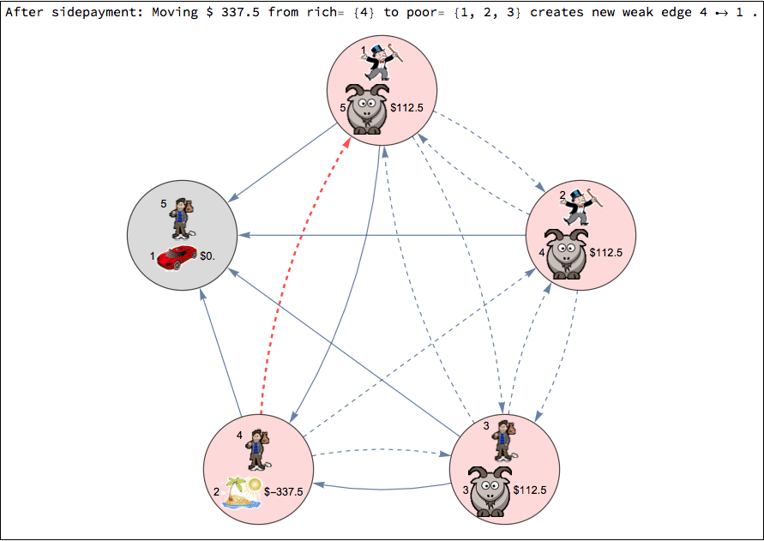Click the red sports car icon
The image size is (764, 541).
click(177, 257)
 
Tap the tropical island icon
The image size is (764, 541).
click(242, 492)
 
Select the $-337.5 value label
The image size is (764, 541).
click(283, 491)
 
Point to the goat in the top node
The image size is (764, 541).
click(368, 108)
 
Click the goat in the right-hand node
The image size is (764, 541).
click(566, 253)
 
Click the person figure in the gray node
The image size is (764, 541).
click(181, 218)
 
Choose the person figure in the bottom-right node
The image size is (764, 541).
click(502, 442)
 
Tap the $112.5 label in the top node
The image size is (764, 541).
click(407, 108)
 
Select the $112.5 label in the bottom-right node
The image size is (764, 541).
click(530, 490)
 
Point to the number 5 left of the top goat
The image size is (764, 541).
click(342, 108)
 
